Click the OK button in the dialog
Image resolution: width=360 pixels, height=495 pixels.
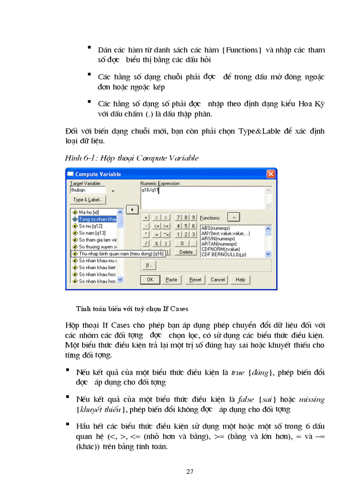tap(150, 279)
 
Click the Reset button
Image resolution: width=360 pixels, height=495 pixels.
tap(195, 279)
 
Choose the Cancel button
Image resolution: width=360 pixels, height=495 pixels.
tap(217, 279)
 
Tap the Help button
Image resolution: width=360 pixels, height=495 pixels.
tap(240, 279)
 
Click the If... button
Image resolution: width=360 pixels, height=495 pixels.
tap(149, 265)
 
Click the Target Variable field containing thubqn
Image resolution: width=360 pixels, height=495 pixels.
tap(88, 190)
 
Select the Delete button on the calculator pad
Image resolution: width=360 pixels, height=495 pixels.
tap(186, 252)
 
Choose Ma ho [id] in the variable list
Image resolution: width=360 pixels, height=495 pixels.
tap(89, 212)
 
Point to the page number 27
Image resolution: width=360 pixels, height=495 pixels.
tap(190, 472)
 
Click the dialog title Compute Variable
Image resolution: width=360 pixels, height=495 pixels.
tap(98, 174)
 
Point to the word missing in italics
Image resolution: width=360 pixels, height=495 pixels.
tap(312, 400)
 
